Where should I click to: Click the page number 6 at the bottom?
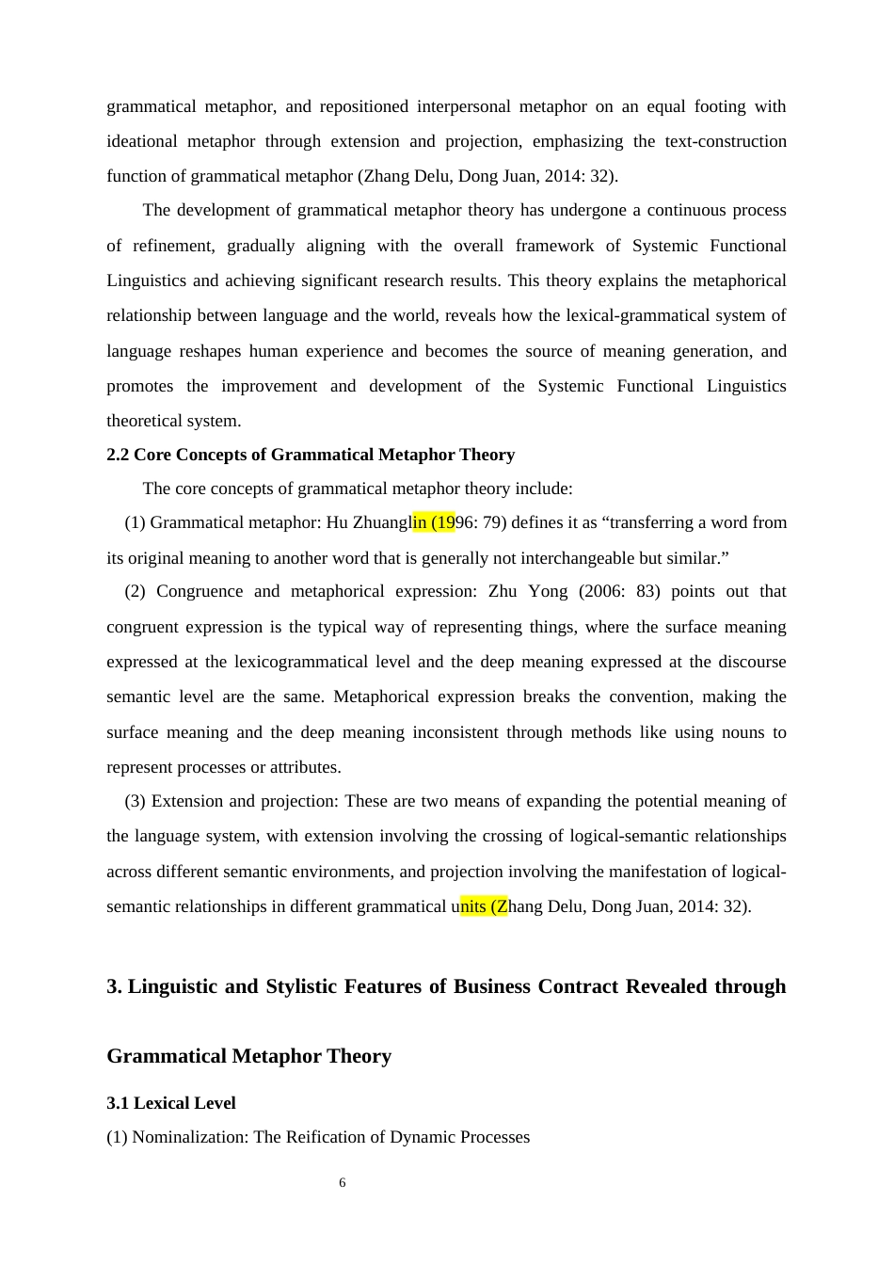pyautogui.click(x=343, y=1183)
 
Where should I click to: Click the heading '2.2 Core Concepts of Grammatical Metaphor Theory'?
pyautogui.click(x=311, y=455)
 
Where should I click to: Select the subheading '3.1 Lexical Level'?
pyautogui.click(x=171, y=1103)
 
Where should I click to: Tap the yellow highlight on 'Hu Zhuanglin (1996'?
pyautogui.click(x=434, y=522)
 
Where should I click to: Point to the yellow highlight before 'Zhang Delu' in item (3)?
pyautogui.click(x=484, y=906)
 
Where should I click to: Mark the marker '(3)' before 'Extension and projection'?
pyautogui.click(x=135, y=801)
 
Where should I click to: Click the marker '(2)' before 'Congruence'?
pyautogui.click(x=135, y=591)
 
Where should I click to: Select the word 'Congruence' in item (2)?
pyautogui.click(x=198, y=591)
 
